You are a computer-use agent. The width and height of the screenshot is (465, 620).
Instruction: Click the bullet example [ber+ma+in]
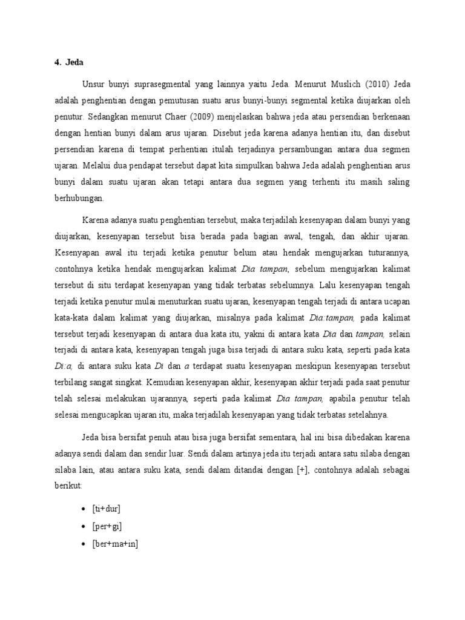[116, 544]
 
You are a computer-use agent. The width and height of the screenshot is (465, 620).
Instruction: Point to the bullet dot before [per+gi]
[84, 526]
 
